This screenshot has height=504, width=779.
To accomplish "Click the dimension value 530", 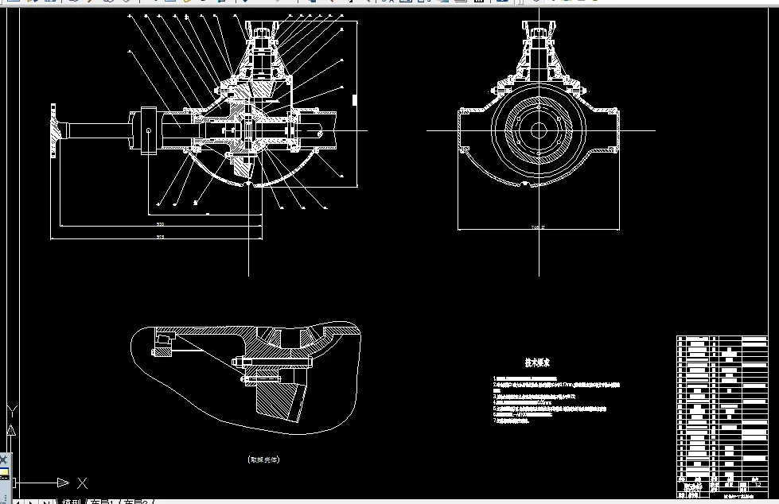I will [160, 225].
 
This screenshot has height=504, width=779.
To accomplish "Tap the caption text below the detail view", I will [264, 459].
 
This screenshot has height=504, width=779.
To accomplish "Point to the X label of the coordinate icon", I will [81, 483].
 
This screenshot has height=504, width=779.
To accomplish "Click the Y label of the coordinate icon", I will [12, 412].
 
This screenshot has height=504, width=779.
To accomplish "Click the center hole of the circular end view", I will [539, 130].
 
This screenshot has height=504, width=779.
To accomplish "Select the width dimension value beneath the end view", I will [539, 227].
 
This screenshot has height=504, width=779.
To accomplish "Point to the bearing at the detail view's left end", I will [162, 341].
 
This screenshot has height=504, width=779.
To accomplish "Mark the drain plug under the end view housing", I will [526, 185].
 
